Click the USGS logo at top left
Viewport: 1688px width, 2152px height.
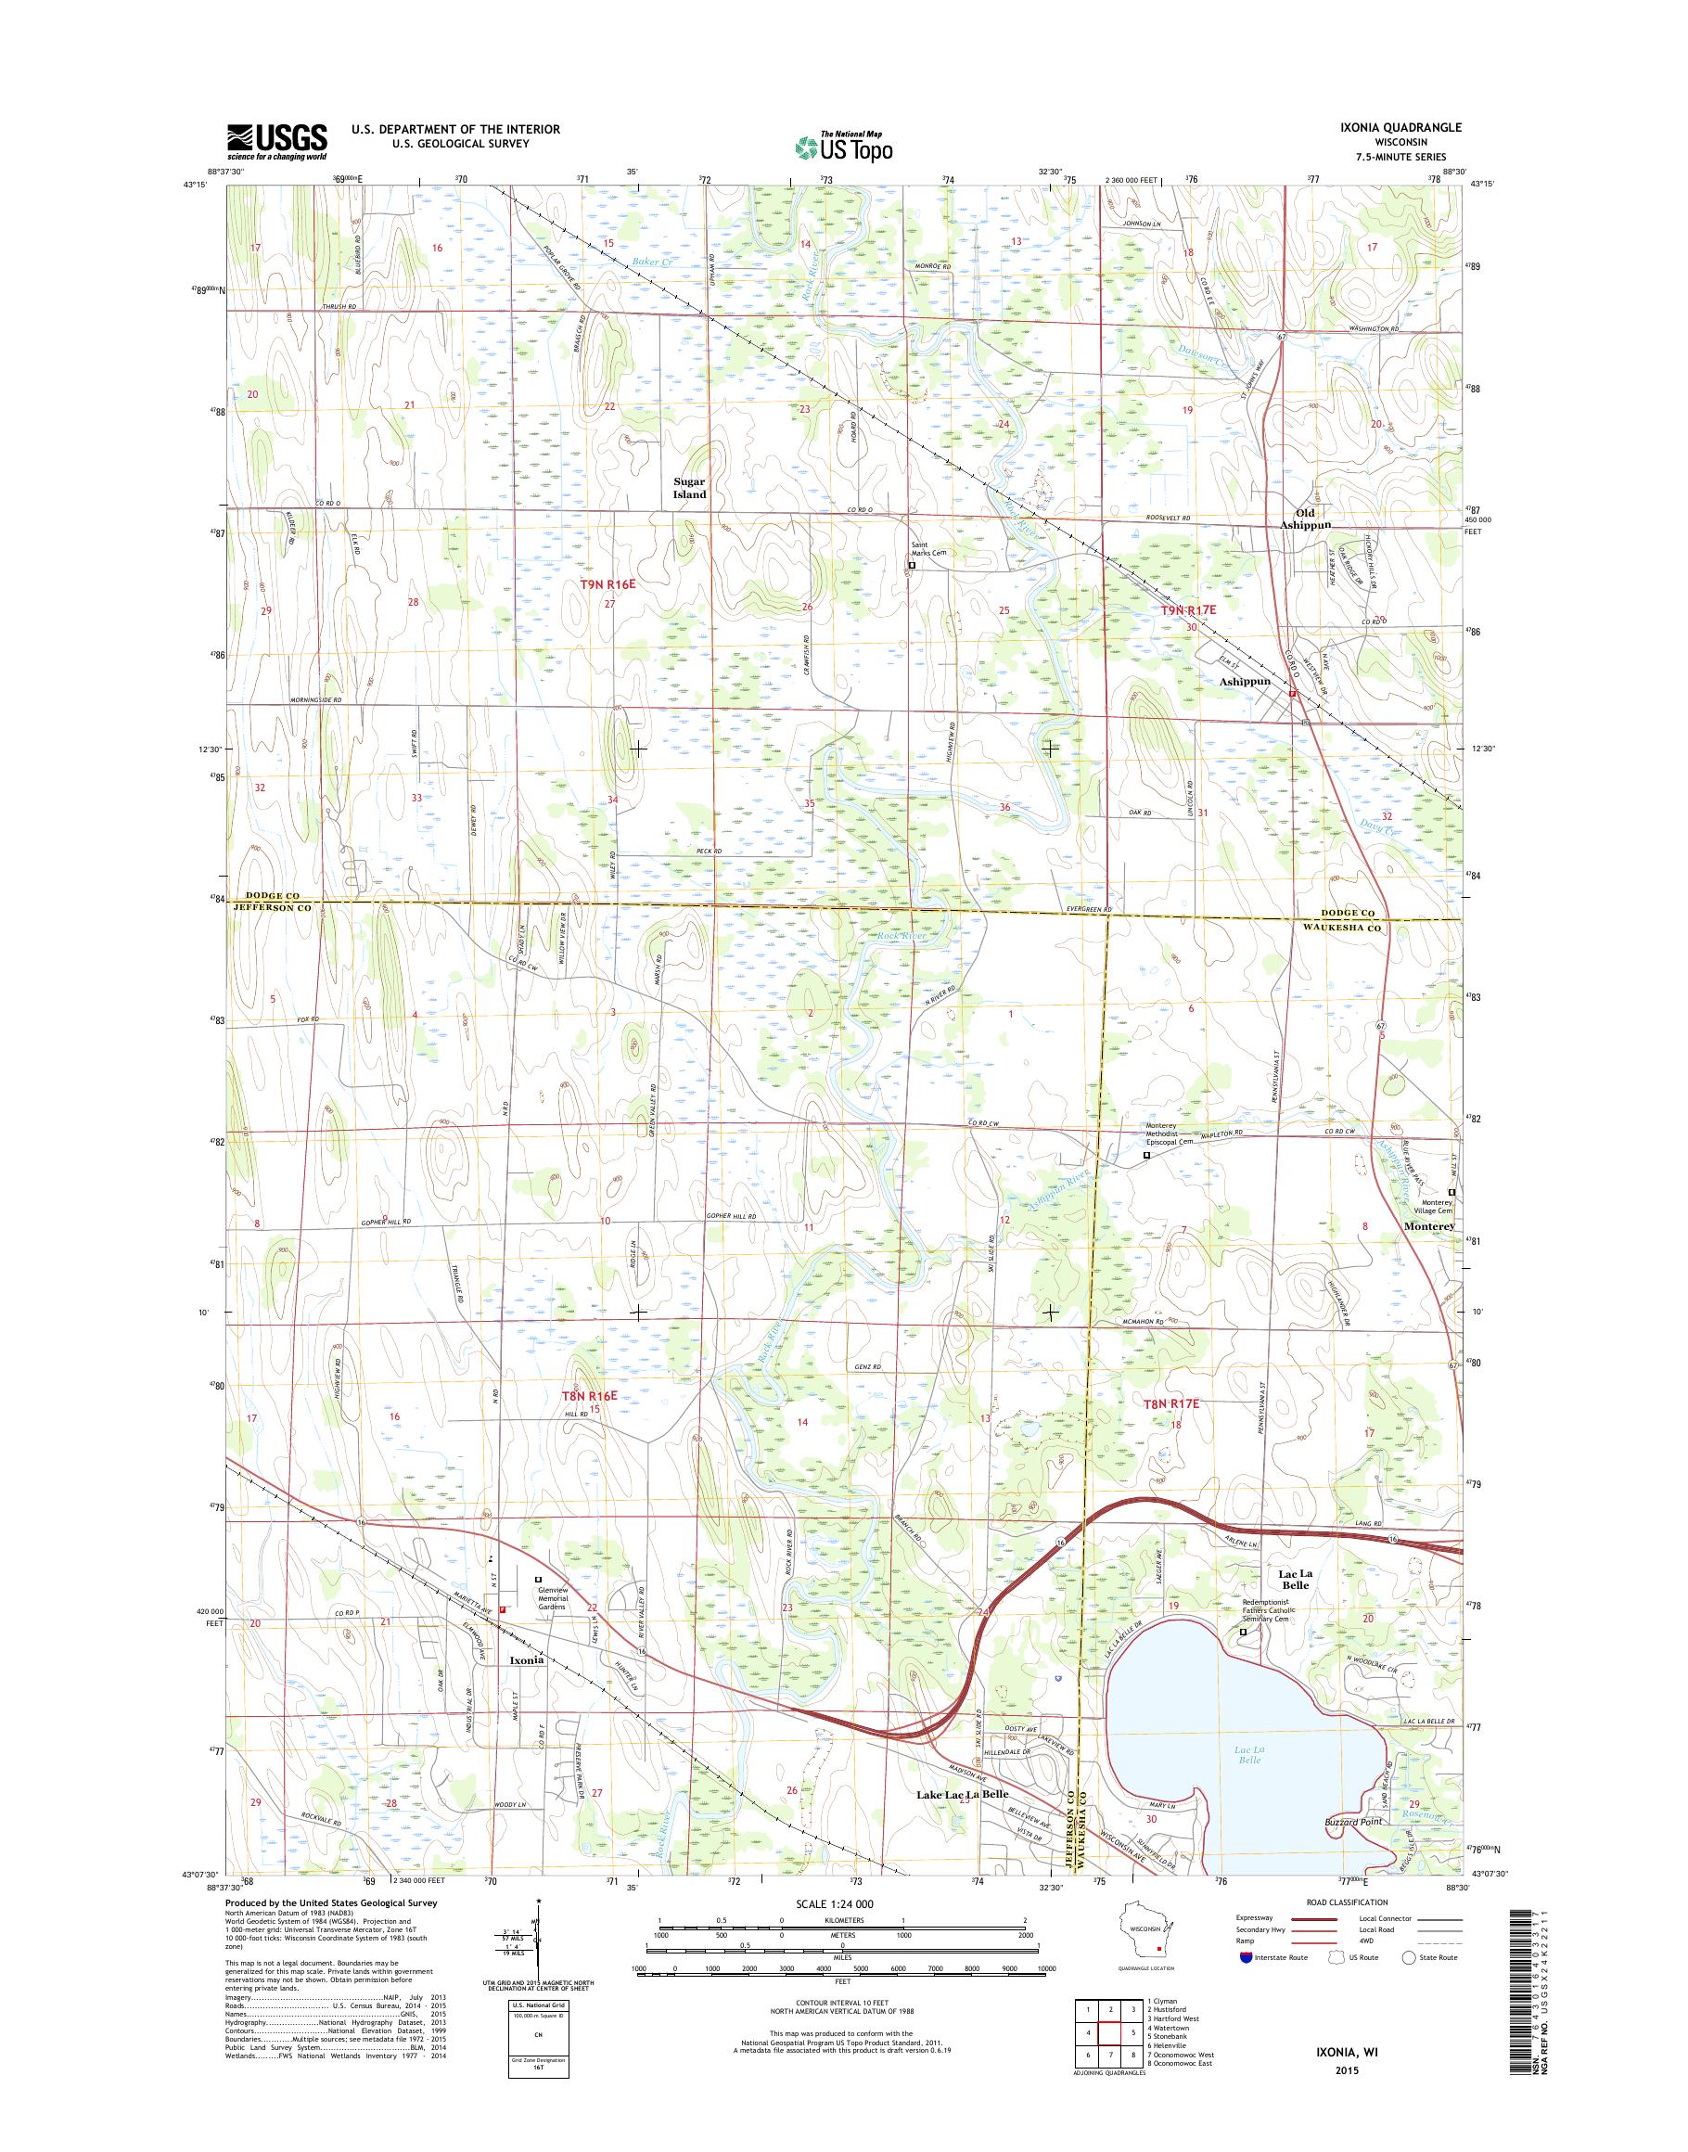(x=276, y=141)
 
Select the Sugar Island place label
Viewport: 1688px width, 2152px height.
(x=690, y=487)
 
